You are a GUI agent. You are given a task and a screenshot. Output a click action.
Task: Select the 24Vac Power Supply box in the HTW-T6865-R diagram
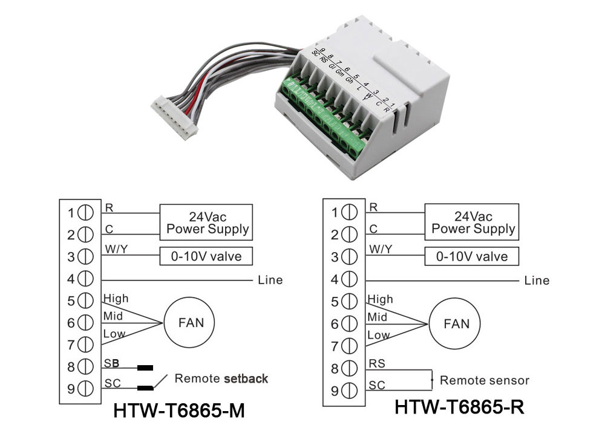point(473,222)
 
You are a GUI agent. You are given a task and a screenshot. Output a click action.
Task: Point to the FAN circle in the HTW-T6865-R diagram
point(456,323)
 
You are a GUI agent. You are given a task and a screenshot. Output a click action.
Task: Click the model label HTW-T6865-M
point(179,411)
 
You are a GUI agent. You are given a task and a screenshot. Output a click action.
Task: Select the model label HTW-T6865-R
point(460,406)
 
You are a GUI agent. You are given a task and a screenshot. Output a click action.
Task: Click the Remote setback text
point(221,379)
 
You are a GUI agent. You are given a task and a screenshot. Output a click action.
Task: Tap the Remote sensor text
point(484,380)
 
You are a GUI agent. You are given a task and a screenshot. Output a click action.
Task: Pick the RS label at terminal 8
point(377,364)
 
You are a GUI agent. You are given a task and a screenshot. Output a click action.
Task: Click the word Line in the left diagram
point(270,280)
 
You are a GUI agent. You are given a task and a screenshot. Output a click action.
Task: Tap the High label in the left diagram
point(116,298)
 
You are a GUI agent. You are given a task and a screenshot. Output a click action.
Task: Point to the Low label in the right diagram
point(379,335)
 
